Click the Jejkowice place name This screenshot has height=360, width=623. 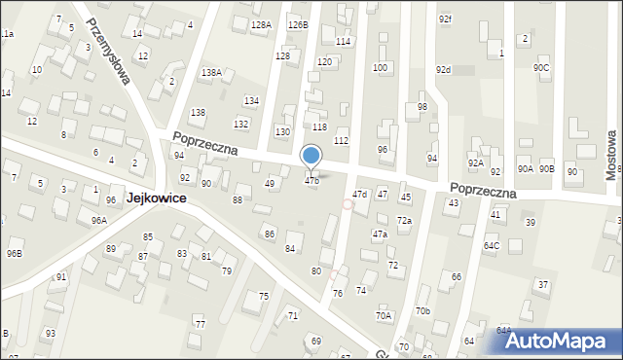pyautogui.click(x=156, y=198)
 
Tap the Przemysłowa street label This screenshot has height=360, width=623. pyautogui.click(x=107, y=51)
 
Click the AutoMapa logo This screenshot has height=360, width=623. pyautogui.click(x=559, y=341)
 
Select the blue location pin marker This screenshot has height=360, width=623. pyautogui.click(x=311, y=157)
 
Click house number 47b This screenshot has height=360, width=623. pyautogui.click(x=311, y=181)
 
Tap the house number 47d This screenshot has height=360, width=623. pyautogui.click(x=359, y=195)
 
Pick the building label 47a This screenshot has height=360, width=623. pyautogui.click(x=380, y=234)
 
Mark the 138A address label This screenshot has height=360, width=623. pyautogui.click(x=211, y=73)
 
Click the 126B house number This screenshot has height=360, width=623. pyautogui.click(x=298, y=24)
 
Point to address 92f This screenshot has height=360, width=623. pyautogui.click(x=445, y=18)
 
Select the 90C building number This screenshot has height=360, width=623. pyautogui.click(x=541, y=67)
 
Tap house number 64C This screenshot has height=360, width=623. pyautogui.click(x=492, y=245)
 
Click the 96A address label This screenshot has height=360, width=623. pyautogui.click(x=99, y=221)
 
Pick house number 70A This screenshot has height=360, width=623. pyautogui.click(x=384, y=315)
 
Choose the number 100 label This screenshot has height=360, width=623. pyautogui.click(x=380, y=68)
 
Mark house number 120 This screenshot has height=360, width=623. pyautogui.click(x=324, y=61)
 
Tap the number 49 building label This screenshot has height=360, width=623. pyautogui.click(x=271, y=183)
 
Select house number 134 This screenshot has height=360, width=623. pyautogui.click(x=251, y=101)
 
